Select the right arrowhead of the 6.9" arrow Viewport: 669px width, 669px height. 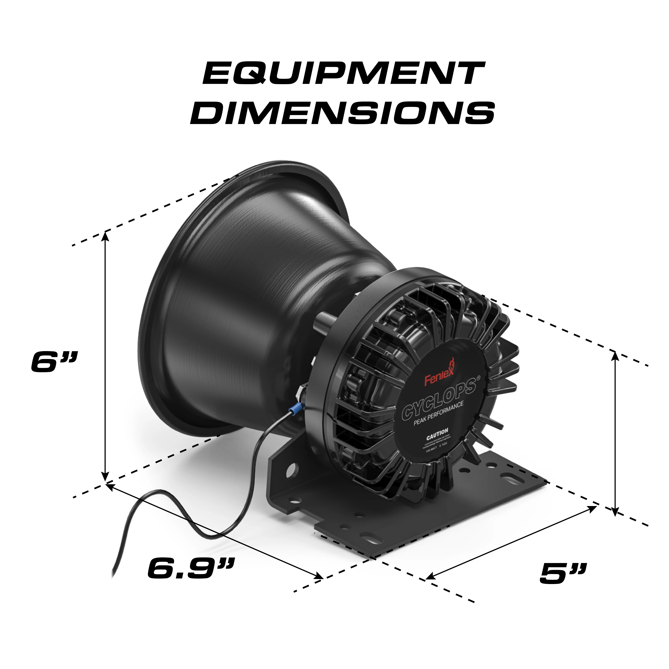pyautogui.click(x=319, y=577)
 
